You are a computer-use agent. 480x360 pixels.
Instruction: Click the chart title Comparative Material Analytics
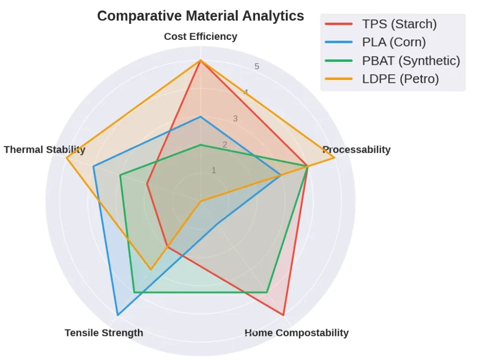200,16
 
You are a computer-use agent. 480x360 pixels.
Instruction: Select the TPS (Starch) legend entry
399,24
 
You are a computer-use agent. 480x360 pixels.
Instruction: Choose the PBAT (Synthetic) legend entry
411,60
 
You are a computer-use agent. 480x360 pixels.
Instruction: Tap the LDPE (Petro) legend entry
400,79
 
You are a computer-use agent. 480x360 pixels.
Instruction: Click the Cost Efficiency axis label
200,37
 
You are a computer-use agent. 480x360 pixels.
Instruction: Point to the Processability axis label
356,150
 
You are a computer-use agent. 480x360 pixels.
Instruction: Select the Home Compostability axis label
296,333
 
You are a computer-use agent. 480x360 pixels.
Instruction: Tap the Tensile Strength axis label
104,333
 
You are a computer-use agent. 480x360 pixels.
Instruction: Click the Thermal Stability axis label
45,150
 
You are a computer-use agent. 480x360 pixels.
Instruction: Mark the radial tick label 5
257,67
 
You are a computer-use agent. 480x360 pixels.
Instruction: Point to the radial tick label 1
214,170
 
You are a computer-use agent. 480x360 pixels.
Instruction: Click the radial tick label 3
235,119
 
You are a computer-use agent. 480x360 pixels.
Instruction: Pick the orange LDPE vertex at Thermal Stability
67,158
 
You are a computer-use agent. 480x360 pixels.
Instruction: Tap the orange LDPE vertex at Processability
334,158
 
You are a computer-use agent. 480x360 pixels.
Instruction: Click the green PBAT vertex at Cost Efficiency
201,145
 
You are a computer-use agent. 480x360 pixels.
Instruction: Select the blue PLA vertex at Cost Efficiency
201,117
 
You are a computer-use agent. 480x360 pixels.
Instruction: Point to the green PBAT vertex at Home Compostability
267,292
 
